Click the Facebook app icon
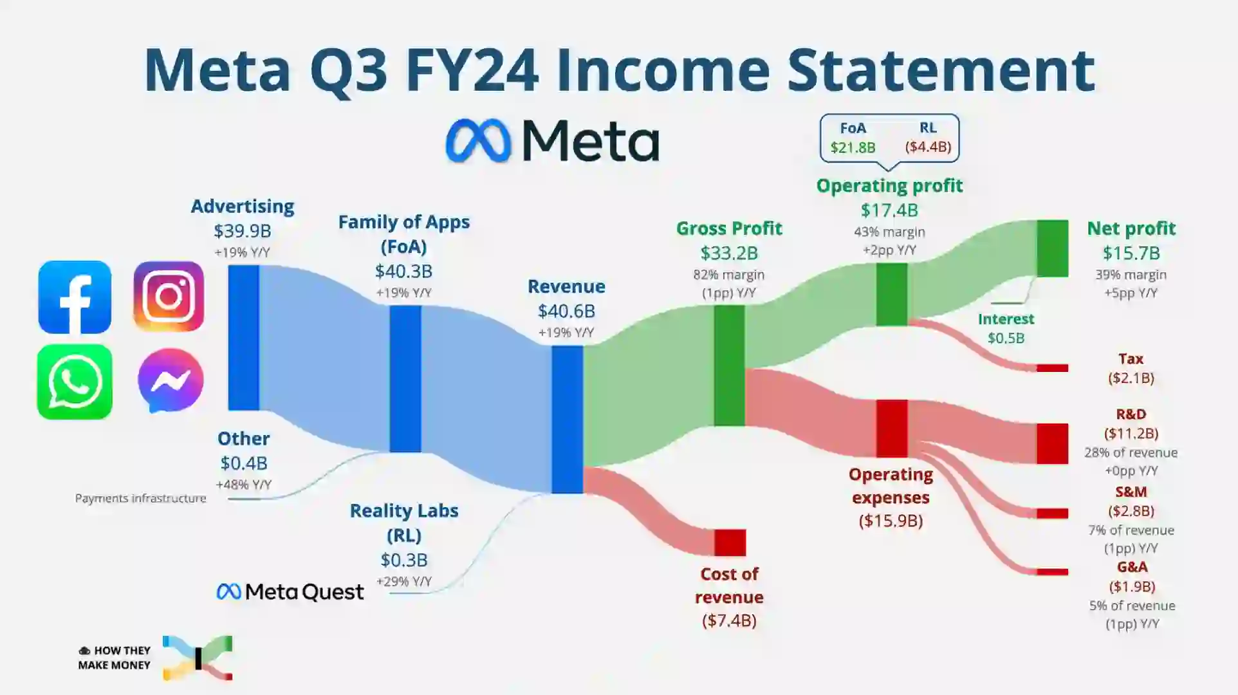[75, 297]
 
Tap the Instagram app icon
[169, 297]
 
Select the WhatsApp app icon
[75, 382]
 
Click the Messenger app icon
[171, 380]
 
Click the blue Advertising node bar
[244, 338]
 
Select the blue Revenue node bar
[568, 420]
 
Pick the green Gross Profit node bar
[730, 366]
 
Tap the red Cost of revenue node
[730, 542]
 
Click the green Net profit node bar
[1053, 248]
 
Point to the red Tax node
[1053, 368]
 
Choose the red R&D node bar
[1053, 444]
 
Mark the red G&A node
[1053, 572]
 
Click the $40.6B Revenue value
[567, 311]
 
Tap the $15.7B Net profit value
[1131, 254]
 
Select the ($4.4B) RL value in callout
[928, 147]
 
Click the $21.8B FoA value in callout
[853, 147]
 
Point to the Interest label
[1006, 319]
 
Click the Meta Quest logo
[290, 592]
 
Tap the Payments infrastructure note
[140, 499]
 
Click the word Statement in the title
[941, 69]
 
